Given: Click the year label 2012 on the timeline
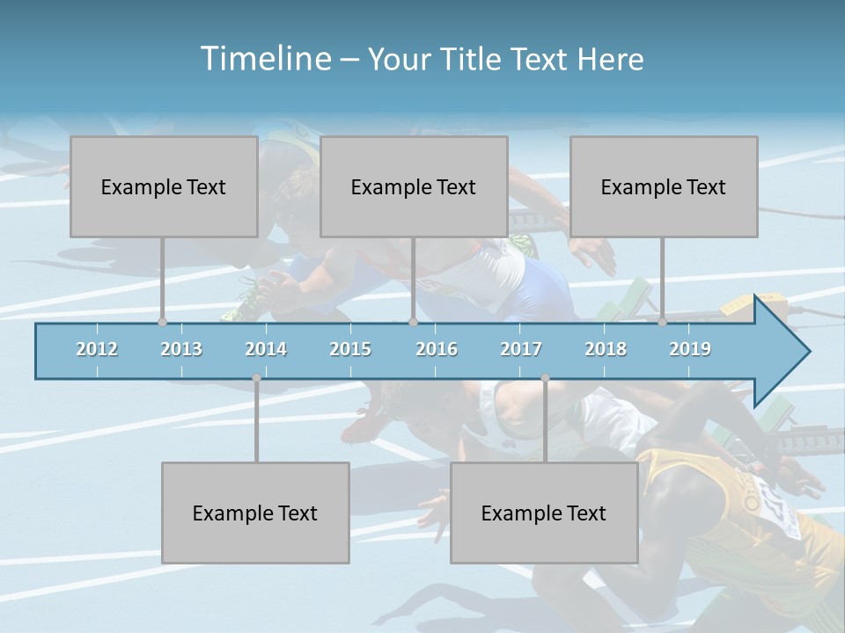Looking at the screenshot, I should [97, 349].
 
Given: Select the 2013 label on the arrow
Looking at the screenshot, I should [181, 349].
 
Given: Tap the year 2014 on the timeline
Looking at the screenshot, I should [266, 349].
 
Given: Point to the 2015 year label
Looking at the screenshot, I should [350, 349].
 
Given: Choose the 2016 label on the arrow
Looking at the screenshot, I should [437, 349].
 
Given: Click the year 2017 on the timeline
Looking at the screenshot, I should [521, 349].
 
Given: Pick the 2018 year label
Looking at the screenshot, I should [606, 349].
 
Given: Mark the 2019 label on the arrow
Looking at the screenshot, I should [690, 349].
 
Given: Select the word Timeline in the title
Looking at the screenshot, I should [264, 59].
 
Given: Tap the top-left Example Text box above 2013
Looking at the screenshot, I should [164, 186].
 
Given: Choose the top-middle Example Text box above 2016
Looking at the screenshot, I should [414, 186].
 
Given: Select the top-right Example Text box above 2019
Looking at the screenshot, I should [664, 186].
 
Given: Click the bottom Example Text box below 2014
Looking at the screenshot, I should [255, 513].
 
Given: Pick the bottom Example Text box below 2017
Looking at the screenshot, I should [544, 513].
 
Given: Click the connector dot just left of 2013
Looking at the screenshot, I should [162, 323].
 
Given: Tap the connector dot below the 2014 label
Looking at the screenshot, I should [256, 378].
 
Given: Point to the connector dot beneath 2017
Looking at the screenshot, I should [545, 378].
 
